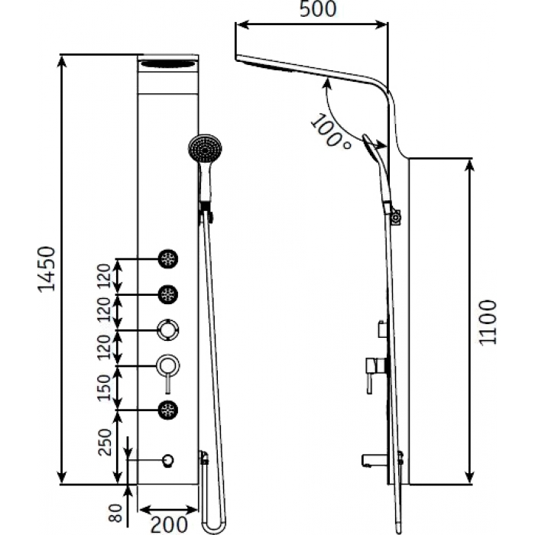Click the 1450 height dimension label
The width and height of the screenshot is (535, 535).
click(x=47, y=269)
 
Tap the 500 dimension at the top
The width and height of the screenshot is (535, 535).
click(x=318, y=9)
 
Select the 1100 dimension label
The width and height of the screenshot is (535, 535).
click(x=488, y=323)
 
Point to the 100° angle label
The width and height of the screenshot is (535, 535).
click(x=330, y=131)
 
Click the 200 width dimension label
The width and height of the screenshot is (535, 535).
click(x=169, y=525)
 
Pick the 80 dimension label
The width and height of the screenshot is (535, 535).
click(x=115, y=513)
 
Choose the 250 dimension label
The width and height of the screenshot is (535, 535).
click(x=105, y=443)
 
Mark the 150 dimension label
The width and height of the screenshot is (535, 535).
click(x=105, y=387)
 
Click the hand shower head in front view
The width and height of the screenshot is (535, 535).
click(x=205, y=149)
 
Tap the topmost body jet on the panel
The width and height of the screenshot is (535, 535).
click(x=168, y=259)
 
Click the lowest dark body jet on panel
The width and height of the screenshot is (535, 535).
click(x=168, y=410)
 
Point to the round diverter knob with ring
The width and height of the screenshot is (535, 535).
click(x=168, y=330)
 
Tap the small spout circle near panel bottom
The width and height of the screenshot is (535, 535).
click(x=168, y=461)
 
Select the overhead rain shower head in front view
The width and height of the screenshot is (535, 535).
click(x=168, y=63)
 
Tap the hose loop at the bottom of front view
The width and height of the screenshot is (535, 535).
click(x=214, y=527)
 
